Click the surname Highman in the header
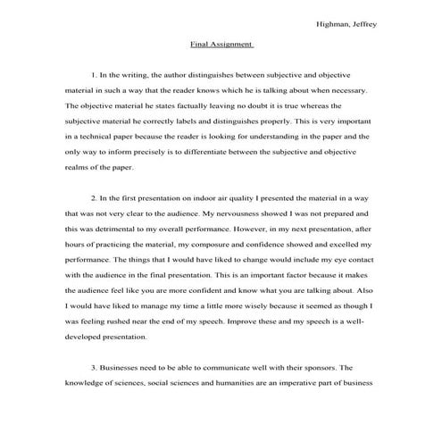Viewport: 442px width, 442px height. (334, 24)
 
